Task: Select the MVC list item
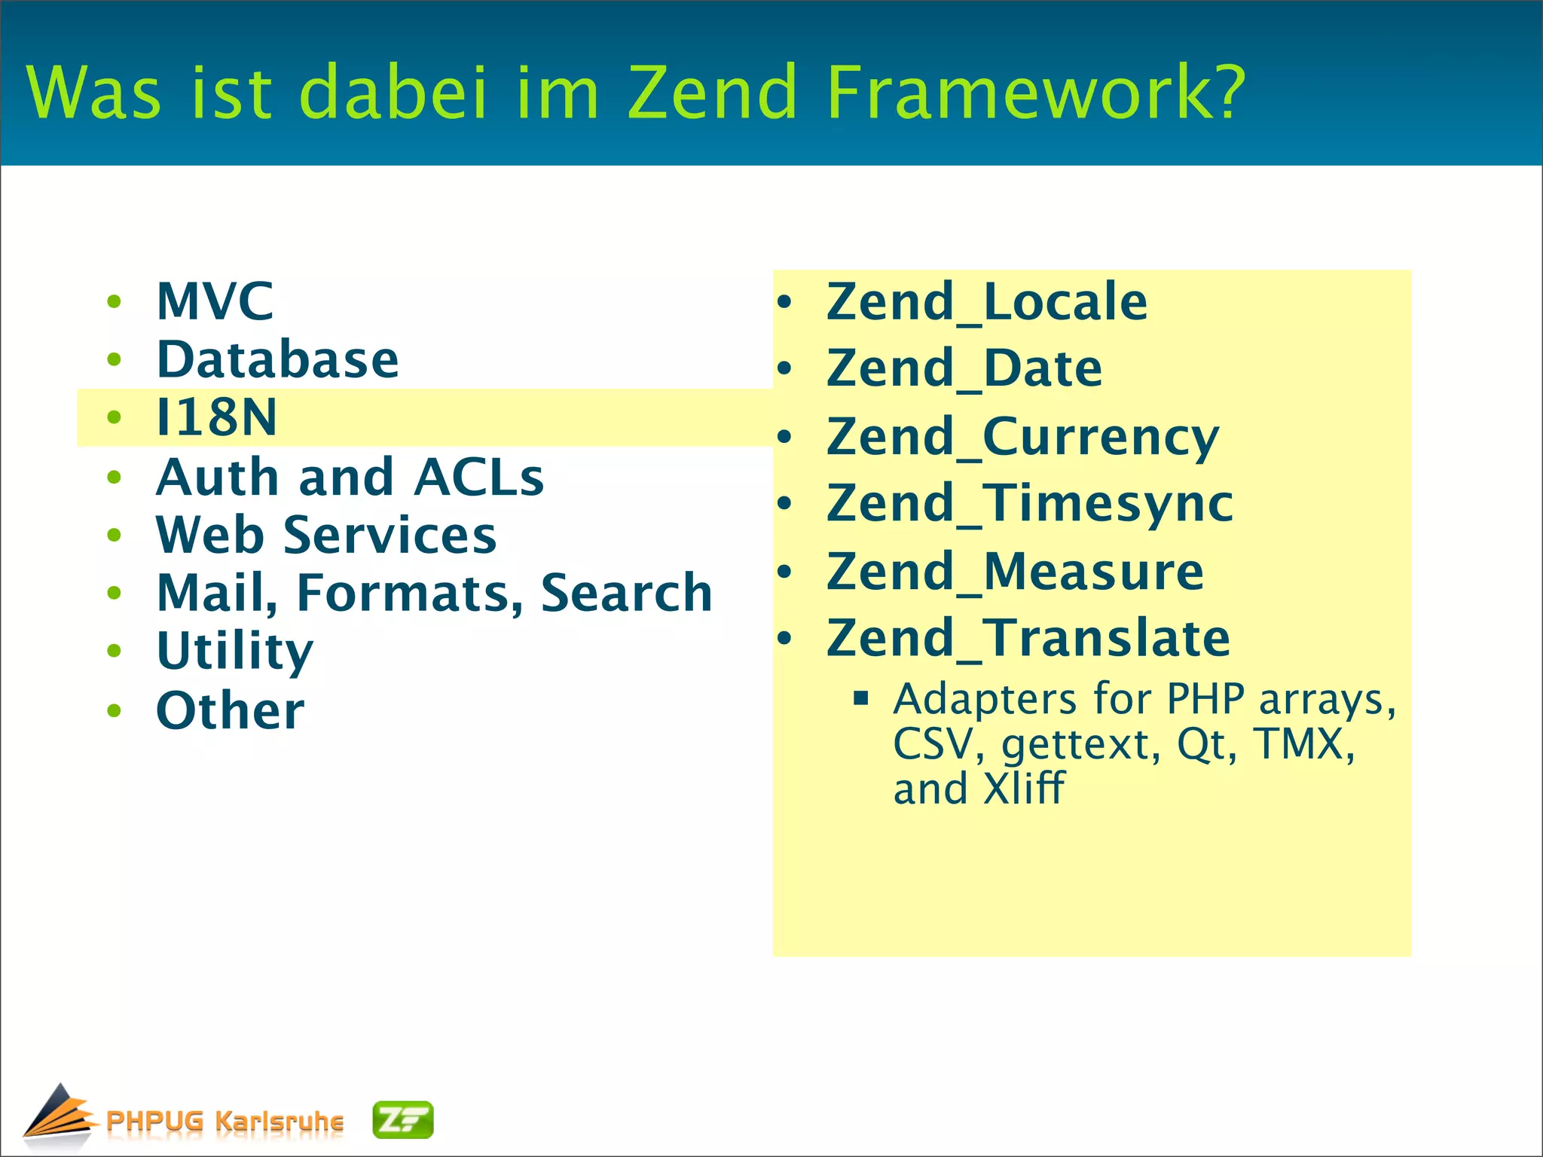[215, 301]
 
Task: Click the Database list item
[277, 359]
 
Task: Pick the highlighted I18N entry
[216, 417]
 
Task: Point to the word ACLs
[478, 477]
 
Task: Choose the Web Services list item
[325, 535]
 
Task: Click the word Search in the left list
[626, 593]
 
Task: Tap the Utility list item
[234, 652]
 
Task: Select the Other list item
[230, 710]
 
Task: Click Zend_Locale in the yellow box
[986, 302]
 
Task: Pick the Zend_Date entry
[964, 369]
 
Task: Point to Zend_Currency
[1022, 437]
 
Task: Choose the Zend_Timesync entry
[1029, 503]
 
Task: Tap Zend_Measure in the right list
[1015, 572]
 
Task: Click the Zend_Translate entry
[1028, 639]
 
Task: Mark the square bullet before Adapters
[861, 698]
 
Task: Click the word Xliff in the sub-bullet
[1024, 789]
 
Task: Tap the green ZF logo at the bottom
[403, 1120]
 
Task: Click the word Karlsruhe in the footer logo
[279, 1122]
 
